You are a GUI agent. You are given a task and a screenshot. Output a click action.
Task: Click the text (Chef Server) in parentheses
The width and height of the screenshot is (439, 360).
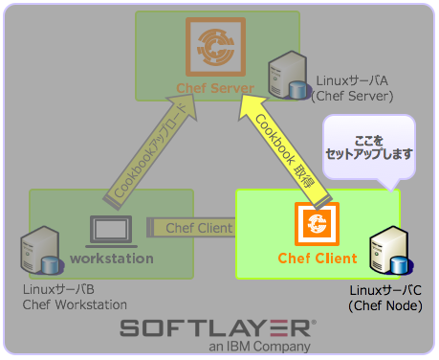tap(353, 96)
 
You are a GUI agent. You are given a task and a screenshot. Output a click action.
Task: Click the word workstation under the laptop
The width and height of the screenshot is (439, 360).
tap(112, 259)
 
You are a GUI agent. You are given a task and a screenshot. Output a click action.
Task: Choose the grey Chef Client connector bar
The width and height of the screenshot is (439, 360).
tap(192, 228)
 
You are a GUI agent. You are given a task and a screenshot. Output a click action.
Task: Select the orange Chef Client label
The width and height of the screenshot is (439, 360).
tap(318, 259)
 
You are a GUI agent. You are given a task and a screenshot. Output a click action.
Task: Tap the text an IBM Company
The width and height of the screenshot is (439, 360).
tap(259, 347)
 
